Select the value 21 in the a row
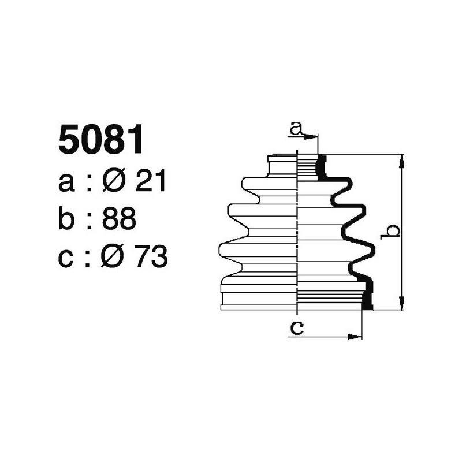coord(150,182)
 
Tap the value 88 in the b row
coord(120,219)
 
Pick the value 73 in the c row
coord(151,257)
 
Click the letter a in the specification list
coord(66,184)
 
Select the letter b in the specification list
coord(67,219)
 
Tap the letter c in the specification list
coord(66,258)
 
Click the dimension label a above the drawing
coord(296,128)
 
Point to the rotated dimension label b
coord(393,231)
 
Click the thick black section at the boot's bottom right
coord(366,295)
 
